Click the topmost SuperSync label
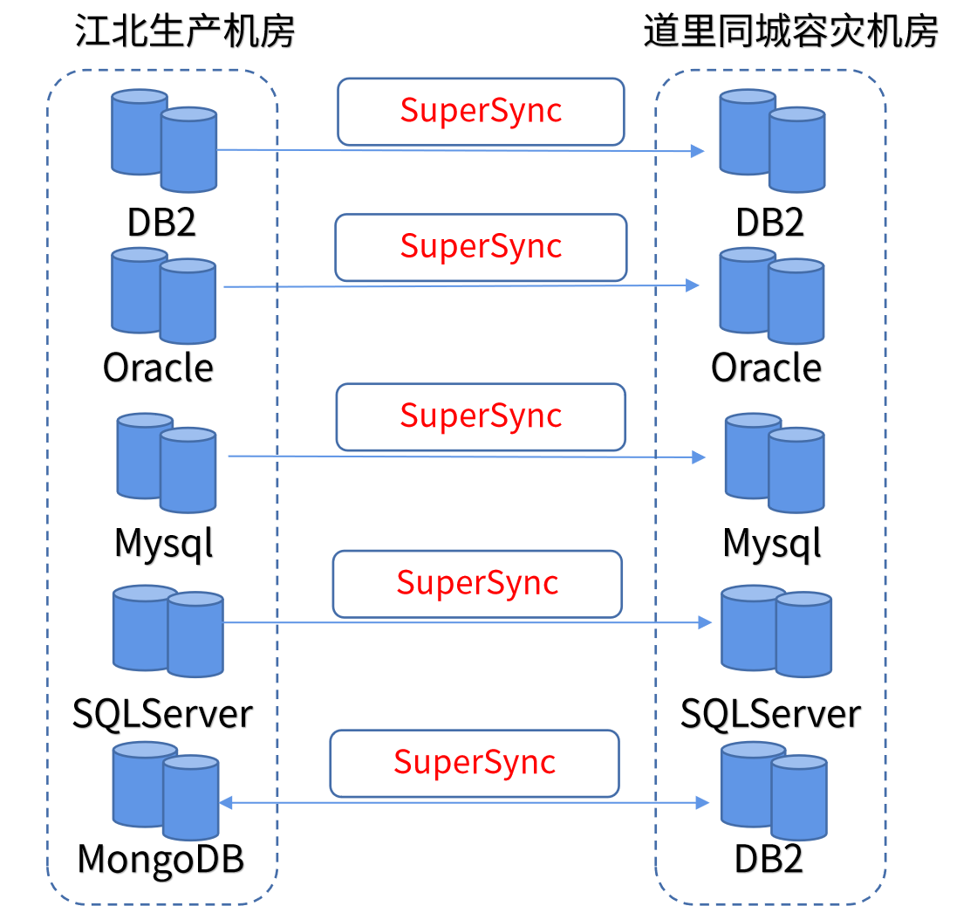pos(481,111)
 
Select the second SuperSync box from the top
pos(481,247)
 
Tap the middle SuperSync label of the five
pos(481,416)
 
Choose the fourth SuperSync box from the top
pos(477,583)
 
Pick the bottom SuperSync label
pos(475,763)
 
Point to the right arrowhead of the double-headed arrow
pos(703,802)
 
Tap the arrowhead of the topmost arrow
pos(698,151)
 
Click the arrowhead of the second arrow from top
pos(693,285)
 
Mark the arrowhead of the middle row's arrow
pos(700,456)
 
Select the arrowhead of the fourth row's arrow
pos(706,622)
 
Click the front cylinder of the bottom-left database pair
pos(190,799)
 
